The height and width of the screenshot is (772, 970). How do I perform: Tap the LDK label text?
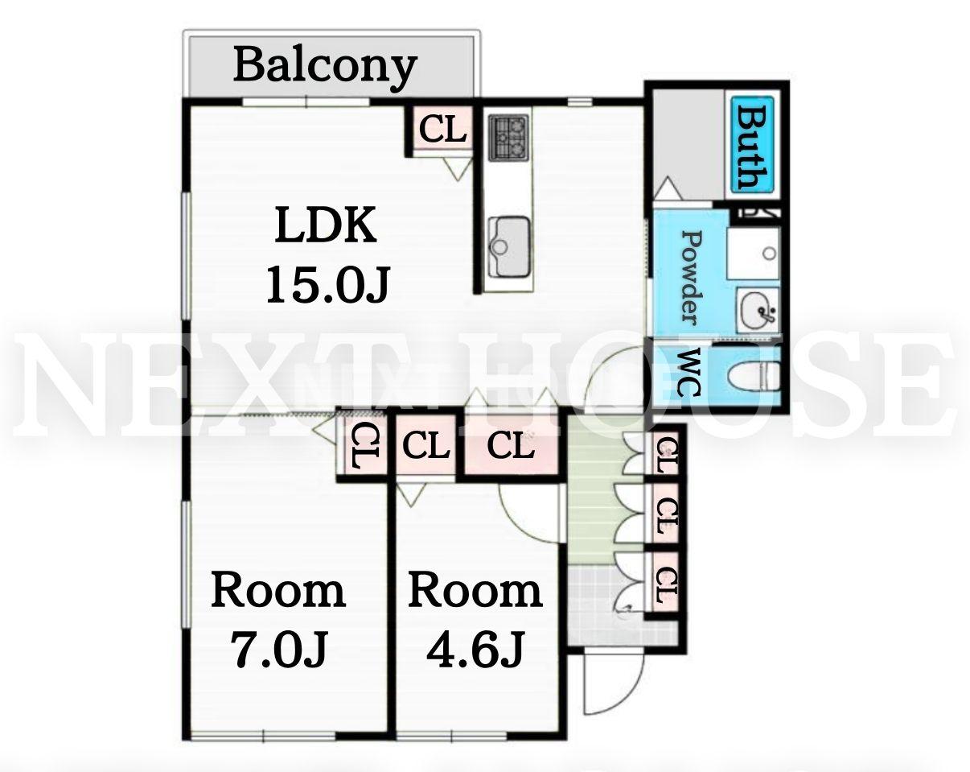(x=326, y=225)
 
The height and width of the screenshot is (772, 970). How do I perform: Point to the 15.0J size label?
(x=327, y=284)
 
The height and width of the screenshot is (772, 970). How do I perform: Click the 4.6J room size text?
(x=475, y=650)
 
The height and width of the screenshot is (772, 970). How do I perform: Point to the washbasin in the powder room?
(x=758, y=312)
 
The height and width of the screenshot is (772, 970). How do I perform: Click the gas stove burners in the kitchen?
(x=509, y=138)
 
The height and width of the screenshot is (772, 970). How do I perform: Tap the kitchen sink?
(x=509, y=247)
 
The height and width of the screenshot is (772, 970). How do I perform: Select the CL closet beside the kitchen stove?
(x=442, y=130)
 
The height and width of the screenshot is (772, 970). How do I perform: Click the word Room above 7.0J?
(x=278, y=590)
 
